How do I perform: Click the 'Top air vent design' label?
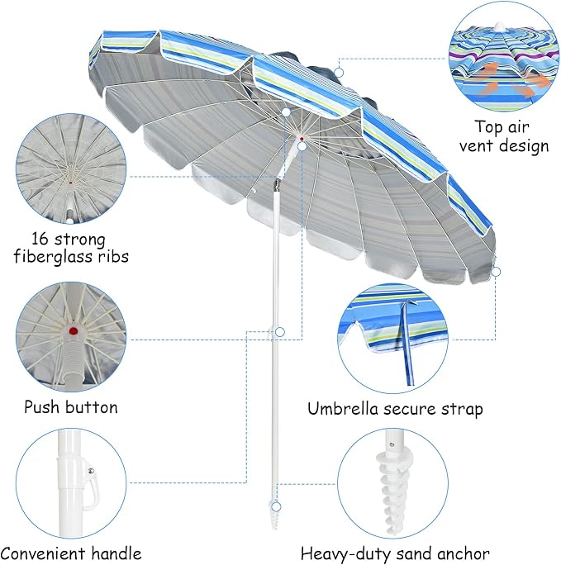pyautogui.click(x=504, y=137)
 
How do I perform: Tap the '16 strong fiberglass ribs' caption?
pyautogui.click(x=71, y=248)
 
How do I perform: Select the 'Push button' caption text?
pyautogui.click(x=71, y=407)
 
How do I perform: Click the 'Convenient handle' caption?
pyautogui.click(x=71, y=553)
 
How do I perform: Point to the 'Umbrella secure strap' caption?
pyautogui.click(x=395, y=409)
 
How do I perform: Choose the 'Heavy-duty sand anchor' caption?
pyautogui.click(x=395, y=553)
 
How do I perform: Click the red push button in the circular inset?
pyautogui.click(x=74, y=331)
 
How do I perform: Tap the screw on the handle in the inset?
pyautogui.click(x=91, y=472)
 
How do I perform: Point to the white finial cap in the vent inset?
pyautogui.click(x=499, y=28)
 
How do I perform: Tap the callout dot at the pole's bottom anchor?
pyautogui.click(x=276, y=507)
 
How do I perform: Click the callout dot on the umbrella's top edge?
pyautogui.click(x=338, y=73)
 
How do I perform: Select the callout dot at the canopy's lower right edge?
pyautogui.click(x=496, y=272)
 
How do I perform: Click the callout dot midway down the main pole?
pyautogui.click(x=280, y=332)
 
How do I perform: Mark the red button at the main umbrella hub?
pyautogui.click(x=302, y=138)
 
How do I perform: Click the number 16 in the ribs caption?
pyautogui.click(x=40, y=239)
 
